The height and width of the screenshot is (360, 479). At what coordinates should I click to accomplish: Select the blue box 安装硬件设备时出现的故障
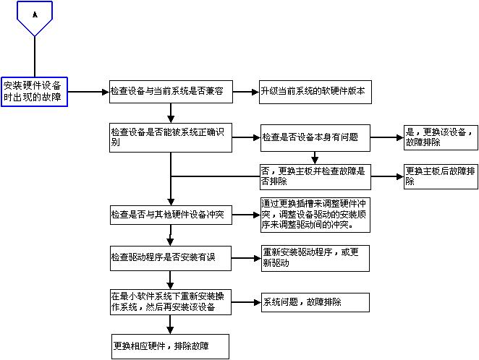click(x=34, y=92)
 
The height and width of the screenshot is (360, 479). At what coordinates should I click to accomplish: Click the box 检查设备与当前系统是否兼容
click(x=170, y=92)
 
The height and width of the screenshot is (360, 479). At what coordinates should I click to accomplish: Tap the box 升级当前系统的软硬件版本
click(x=313, y=92)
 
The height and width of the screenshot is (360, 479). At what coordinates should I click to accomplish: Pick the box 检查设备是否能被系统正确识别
click(x=170, y=137)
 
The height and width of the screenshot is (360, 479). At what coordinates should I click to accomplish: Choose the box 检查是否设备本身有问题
click(x=315, y=137)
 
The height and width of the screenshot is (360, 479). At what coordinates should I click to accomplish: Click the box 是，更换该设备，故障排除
click(x=439, y=137)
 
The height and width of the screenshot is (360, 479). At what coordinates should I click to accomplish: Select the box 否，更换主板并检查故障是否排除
click(x=315, y=176)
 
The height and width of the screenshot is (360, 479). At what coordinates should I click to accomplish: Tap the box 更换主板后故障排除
click(x=439, y=176)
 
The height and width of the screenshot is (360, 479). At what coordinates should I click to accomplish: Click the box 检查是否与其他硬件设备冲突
click(x=170, y=215)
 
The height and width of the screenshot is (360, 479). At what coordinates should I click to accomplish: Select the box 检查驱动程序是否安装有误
click(x=170, y=258)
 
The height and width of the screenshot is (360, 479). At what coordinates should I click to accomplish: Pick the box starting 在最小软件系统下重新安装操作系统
click(x=170, y=301)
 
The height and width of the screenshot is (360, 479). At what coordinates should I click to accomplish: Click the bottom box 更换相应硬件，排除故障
click(x=170, y=345)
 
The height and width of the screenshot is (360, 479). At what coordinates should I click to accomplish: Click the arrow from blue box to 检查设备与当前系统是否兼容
click(x=88, y=92)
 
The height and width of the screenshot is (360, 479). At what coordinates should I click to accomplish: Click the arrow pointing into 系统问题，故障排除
click(x=246, y=301)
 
